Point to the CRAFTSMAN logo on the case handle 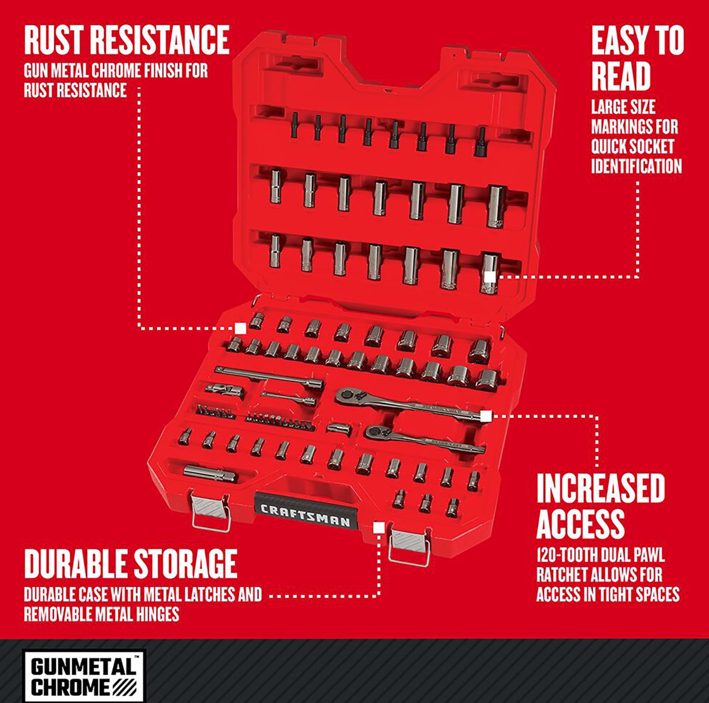(x=305, y=516)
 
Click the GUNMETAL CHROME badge (x=84, y=675)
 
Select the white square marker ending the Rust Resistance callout (x=241, y=328)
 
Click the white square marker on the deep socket (x=490, y=277)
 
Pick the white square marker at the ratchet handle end (x=486, y=415)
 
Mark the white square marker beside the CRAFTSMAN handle (x=379, y=528)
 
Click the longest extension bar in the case (x=270, y=377)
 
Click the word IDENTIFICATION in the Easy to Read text (x=636, y=166)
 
